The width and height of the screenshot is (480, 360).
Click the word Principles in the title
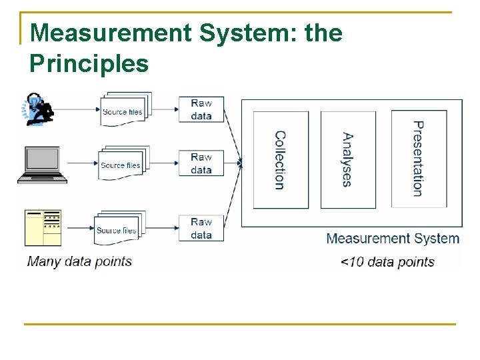click(x=89, y=63)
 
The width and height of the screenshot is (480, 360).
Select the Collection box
click(x=281, y=160)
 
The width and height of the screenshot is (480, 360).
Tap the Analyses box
click(x=348, y=160)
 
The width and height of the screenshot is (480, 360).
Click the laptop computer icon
click(x=43, y=164)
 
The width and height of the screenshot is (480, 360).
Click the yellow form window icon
click(x=43, y=227)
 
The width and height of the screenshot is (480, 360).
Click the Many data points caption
click(x=79, y=261)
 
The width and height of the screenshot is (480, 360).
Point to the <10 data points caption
click(x=387, y=262)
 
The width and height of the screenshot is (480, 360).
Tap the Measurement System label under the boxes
click(x=392, y=239)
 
